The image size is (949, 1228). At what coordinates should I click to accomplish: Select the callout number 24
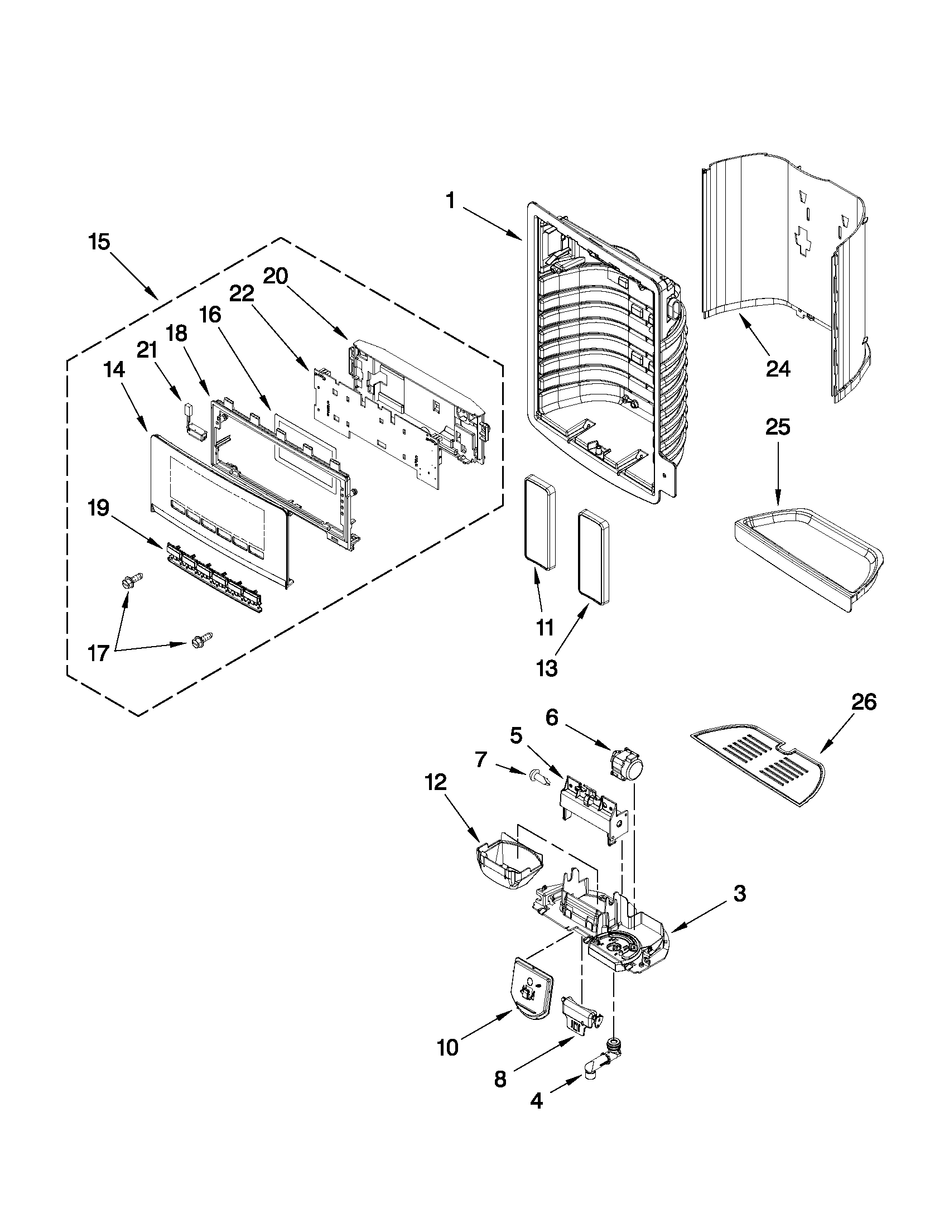click(x=778, y=369)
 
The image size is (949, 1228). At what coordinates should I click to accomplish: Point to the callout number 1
click(x=450, y=200)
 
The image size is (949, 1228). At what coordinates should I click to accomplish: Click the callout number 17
click(x=98, y=653)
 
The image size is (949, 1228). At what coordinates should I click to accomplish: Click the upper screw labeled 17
click(x=132, y=580)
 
